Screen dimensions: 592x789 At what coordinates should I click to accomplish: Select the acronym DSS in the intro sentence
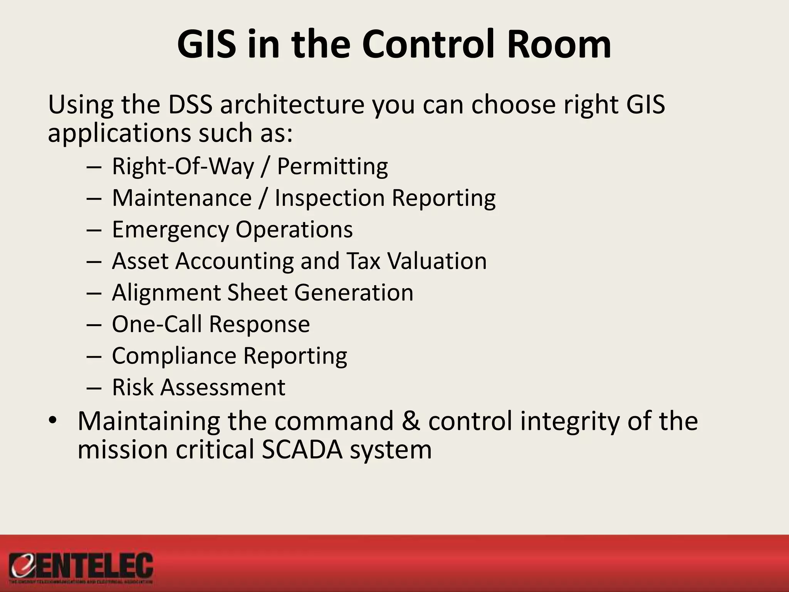tap(190, 105)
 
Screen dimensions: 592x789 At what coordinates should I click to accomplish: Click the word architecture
tap(292, 105)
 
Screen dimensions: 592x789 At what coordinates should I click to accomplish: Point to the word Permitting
tap(332, 167)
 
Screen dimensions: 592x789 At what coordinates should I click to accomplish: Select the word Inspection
tap(330, 198)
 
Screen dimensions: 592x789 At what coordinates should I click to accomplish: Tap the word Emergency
tap(170, 230)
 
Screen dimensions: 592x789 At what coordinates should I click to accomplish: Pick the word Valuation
tap(437, 261)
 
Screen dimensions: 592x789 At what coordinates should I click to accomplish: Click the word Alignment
tap(166, 293)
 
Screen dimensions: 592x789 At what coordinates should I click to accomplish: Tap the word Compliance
tap(174, 356)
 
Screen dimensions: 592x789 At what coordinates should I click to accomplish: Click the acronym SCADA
tap(302, 450)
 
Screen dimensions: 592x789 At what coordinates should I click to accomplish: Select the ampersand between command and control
tap(411, 421)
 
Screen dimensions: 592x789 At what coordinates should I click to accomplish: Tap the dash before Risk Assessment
tap(94, 387)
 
